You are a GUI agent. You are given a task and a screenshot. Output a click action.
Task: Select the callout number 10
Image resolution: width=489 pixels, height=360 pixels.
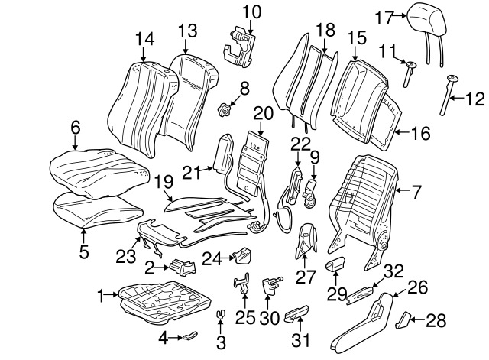(x=251, y=11)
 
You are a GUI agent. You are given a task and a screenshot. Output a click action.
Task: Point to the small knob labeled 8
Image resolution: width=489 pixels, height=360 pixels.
(x=225, y=111)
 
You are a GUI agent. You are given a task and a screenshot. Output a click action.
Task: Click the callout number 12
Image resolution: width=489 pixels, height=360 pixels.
(x=474, y=98)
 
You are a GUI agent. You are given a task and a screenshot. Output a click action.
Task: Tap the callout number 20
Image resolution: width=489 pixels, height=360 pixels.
(x=263, y=114)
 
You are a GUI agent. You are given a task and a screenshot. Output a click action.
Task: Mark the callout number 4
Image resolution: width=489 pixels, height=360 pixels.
(x=163, y=337)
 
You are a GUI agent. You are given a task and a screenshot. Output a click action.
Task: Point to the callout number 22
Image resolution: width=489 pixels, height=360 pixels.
(x=300, y=143)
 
